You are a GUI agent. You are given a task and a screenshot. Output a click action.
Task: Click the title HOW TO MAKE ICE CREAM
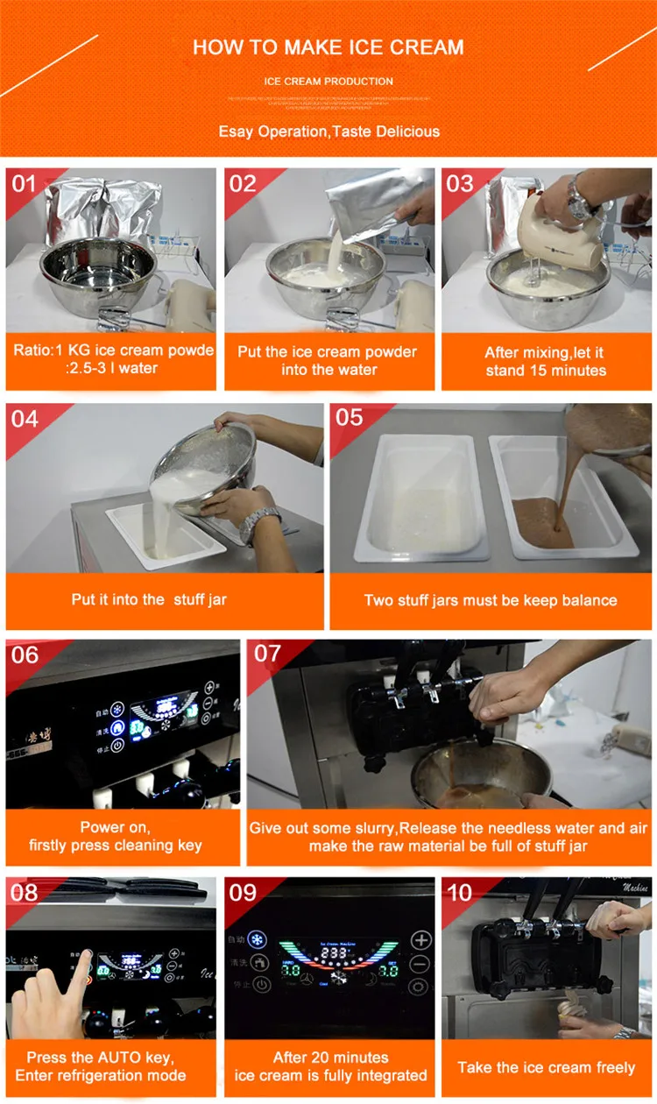(328, 47)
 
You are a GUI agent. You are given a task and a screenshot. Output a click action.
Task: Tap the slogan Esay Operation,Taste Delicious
(328, 131)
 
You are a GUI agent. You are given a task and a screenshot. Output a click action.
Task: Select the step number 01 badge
(25, 184)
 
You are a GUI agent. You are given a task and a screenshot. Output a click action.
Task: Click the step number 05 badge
(349, 417)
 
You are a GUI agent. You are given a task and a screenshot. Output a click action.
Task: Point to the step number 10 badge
(459, 892)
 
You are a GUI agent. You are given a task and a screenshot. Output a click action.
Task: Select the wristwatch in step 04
(259, 524)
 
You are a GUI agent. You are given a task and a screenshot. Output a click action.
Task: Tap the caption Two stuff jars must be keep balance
(491, 600)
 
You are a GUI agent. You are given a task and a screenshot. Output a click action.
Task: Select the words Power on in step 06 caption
(115, 827)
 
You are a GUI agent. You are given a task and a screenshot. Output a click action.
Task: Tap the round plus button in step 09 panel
(421, 940)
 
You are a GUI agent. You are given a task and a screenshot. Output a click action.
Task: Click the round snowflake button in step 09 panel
(257, 940)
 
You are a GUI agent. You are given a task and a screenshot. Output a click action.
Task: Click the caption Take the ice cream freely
(547, 1067)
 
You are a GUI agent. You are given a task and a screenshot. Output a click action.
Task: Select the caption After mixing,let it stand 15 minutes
(547, 361)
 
